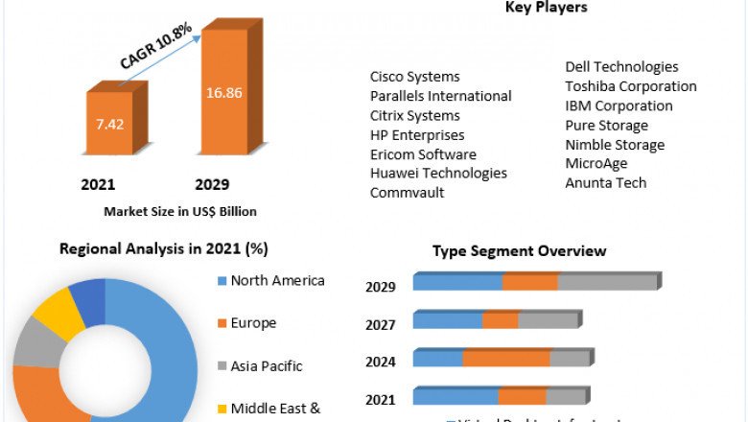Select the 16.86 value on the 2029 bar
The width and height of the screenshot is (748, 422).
[223, 93]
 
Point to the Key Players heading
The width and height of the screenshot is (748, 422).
[546, 8]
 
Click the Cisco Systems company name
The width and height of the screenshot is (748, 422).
[414, 77]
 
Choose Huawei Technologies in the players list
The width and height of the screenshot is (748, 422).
[438, 173]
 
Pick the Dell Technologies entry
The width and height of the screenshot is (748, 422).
[621, 67]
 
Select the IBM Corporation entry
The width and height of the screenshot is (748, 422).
[619, 105]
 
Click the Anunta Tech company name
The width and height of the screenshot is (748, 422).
[605, 182]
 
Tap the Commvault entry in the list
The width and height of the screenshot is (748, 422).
[407, 192]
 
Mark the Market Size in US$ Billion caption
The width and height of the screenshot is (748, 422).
[180, 211]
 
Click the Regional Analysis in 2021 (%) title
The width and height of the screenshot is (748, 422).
[164, 249]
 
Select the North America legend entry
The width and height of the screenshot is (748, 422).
[277, 281]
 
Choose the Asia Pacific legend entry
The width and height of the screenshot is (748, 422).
[266, 365]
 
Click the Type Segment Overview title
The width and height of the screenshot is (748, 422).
[519, 251]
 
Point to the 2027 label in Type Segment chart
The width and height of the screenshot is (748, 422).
[380, 325]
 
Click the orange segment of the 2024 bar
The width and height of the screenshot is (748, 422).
[506, 359]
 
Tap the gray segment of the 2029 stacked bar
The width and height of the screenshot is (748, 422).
[607, 282]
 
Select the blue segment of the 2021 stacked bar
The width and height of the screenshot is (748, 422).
[456, 397]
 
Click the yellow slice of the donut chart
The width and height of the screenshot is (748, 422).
[58, 315]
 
